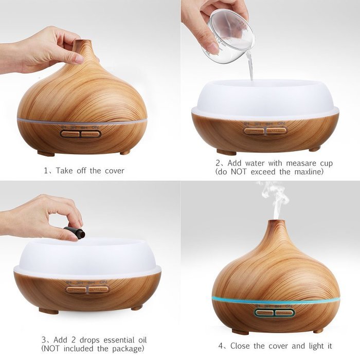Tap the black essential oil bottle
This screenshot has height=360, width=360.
click(75, 233)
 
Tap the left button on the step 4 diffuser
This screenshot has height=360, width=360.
click(264, 313)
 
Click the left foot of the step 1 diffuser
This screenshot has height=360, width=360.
click(46, 153)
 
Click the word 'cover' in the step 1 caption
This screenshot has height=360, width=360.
click(113, 170)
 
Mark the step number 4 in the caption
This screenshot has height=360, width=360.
click(221, 346)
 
